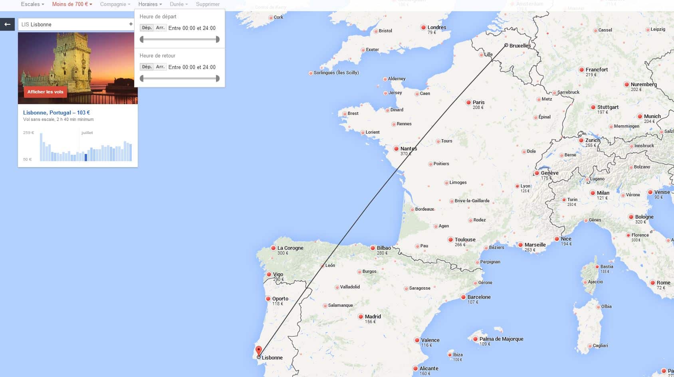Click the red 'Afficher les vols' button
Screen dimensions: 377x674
coord(45,92)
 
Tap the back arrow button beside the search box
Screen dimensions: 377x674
coord(7,24)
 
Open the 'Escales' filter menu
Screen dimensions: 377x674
coord(32,4)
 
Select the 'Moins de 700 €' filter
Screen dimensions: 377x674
coord(72,4)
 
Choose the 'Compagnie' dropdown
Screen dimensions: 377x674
coord(115,4)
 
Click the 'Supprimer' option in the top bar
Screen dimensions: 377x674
coord(208,4)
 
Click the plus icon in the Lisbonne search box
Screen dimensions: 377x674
coord(131,24)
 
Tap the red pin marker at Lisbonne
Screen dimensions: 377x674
coord(258,351)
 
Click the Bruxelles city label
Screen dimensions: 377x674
coord(520,46)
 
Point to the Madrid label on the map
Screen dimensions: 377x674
coord(373,317)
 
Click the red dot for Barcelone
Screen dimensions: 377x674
coord(463,297)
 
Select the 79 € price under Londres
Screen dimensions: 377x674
coord(432,33)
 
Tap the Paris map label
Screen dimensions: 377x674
coord(478,103)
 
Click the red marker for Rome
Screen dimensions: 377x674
coord(652,283)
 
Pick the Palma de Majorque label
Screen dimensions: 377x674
coord(501,339)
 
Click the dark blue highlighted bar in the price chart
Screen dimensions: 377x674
coord(86,158)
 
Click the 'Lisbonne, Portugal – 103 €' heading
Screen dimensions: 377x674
coord(56,113)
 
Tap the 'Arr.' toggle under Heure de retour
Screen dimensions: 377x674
coord(160,67)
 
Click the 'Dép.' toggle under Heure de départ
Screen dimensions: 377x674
coord(147,28)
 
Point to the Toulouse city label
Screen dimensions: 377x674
coord(465,240)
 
